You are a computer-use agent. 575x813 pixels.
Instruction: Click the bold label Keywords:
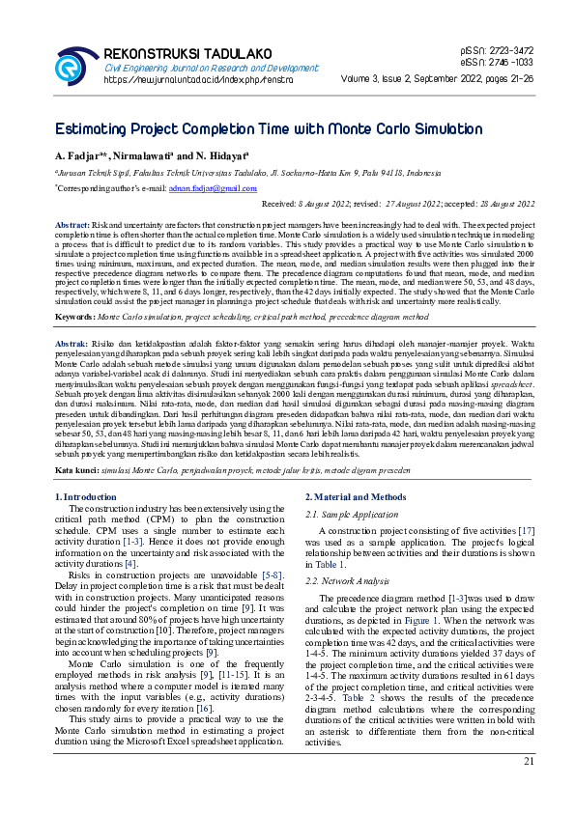[75, 290]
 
